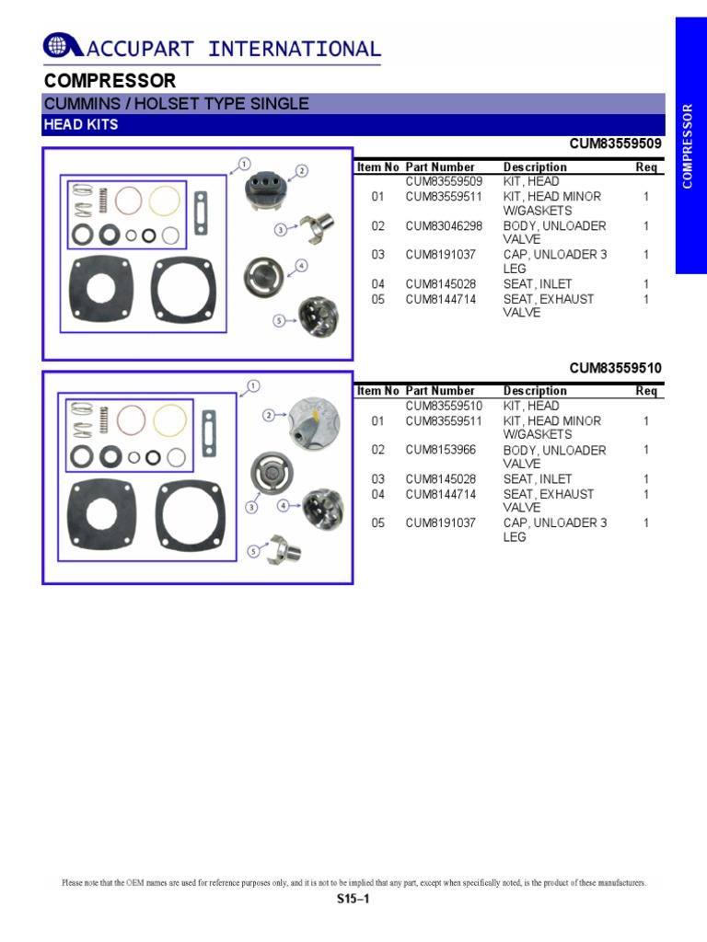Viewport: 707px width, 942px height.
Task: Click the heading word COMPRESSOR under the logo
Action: pyautogui.click(x=109, y=82)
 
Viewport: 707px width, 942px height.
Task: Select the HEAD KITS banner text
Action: pyautogui.click(x=81, y=125)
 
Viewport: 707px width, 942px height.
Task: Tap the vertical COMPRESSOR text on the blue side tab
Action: pyautogui.click(x=687, y=146)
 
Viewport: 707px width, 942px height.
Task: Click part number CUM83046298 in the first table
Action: pyautogui.click(x=441, y=225)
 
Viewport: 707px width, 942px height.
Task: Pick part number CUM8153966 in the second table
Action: pyautogui.click(x=437, y=450)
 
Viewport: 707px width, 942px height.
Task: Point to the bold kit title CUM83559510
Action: pyautogui.click(x=615, y=368)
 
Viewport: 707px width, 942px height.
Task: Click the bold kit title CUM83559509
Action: pyautogui.click(x=615, y=144)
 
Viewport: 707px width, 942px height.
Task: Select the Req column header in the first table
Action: pyautogui.click(x=646, y=167)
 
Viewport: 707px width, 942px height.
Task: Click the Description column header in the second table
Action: pyautogui.click(x=535, y=391)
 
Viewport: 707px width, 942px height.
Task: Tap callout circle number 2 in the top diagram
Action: pyautogui.click(x=301, y=170)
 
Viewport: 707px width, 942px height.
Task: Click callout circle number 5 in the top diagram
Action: pyautogui.click(x=279, y=320)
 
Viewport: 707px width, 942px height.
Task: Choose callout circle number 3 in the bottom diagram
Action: pyautogui.click(x=250, y=507)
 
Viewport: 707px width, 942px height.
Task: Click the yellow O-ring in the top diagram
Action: pyautogui.click(x=165, y=200)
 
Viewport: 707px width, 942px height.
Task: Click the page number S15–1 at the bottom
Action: pyautogui.click(x=353, y=900)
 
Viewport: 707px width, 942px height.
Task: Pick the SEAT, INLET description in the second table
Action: pyautogui.click(x=537, y=479)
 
